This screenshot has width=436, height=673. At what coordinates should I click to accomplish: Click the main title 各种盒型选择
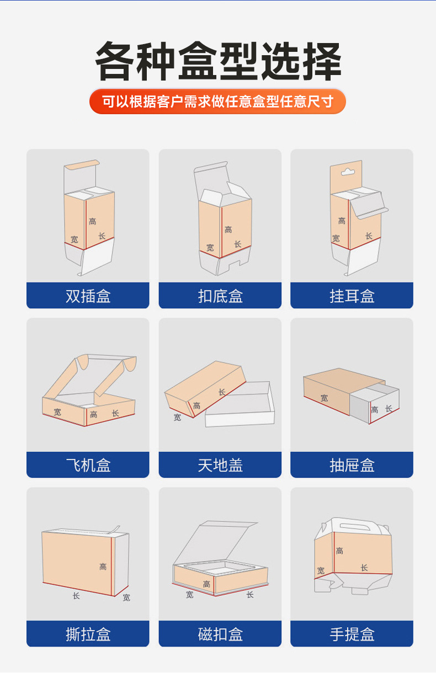218,61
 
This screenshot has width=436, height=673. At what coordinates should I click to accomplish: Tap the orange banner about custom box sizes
217,102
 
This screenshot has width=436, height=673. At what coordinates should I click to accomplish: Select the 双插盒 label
88,296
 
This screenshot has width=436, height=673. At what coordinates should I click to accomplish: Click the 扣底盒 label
220,296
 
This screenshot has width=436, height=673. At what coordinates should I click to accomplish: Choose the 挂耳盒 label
352,296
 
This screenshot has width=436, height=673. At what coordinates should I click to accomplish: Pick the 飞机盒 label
88,465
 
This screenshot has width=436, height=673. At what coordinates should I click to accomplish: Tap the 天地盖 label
220,465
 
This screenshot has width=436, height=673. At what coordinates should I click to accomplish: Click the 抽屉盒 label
352,465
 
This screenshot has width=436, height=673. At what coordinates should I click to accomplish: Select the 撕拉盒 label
88,634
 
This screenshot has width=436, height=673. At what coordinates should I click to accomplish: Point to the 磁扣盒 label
220,634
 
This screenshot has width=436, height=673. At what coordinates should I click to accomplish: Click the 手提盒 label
352,634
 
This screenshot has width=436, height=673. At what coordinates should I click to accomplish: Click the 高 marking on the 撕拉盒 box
103,567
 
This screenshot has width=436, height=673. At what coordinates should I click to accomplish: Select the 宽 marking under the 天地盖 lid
177,418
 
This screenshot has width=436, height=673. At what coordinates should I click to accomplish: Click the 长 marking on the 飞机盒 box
115,413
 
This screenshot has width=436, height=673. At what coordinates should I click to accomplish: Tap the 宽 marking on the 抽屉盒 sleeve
324,397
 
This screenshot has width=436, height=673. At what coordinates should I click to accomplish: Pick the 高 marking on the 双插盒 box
92,221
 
